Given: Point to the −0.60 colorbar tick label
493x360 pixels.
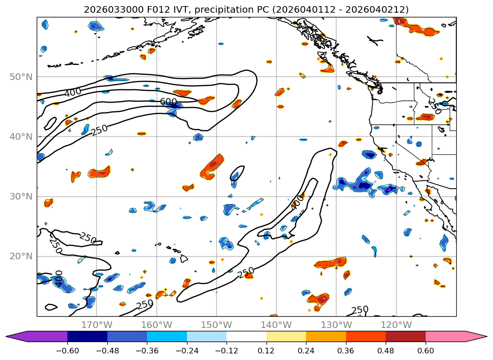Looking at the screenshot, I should (67, 350).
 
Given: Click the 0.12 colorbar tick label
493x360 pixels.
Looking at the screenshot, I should (267, 350).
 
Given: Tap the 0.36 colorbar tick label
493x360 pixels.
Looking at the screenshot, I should (346, 350).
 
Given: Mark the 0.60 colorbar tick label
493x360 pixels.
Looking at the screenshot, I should (426, 350).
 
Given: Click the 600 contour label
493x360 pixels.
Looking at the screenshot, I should (168, 102).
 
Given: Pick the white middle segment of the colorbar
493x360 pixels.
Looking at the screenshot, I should (246, 336).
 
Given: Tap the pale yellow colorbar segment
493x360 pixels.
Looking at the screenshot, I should (286, 336).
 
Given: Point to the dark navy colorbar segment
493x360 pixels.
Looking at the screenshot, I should (87, 336).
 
